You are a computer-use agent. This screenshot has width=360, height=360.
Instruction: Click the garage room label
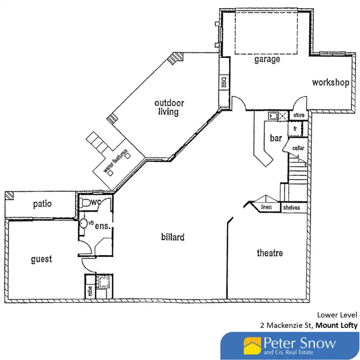267,60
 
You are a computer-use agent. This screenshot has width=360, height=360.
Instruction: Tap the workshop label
330,83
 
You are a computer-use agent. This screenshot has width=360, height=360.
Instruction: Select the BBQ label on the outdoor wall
224,83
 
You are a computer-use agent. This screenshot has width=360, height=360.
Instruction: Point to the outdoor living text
169,108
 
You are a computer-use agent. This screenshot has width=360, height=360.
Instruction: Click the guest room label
41,259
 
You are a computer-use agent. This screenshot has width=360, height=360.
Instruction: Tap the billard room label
173,237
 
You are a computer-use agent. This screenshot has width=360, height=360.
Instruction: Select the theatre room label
270,253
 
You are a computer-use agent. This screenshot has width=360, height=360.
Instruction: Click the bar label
276,138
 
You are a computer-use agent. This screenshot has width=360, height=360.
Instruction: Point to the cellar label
299,148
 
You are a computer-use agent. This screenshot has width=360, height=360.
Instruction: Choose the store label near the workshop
299,116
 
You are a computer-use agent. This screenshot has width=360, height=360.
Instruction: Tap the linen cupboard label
266,207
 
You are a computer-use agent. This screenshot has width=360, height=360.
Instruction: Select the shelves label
291,207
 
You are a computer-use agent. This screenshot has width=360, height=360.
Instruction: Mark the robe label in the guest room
90,291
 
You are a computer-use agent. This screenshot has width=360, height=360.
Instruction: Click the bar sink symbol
273,116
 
